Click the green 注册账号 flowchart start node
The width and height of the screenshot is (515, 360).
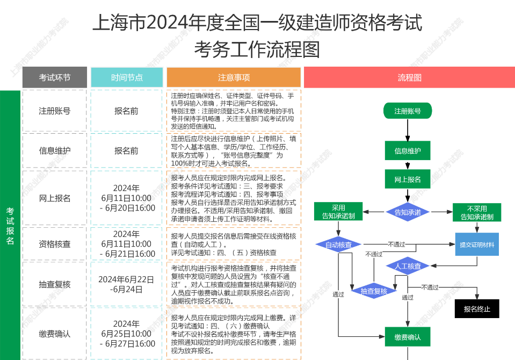(x=408, y=111)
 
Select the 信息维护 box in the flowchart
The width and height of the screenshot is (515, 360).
(x=408, y=151)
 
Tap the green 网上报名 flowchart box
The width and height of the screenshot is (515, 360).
(x=408, y=179)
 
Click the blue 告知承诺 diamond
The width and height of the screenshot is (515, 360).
(x=408, y=212)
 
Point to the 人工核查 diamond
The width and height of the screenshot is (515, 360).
(x=408, y=266)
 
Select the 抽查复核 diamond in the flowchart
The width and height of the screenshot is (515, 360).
(x=374, y=291)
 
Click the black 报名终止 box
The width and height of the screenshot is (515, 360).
(x=477, y=309)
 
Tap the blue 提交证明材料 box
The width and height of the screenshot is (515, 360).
(x=477, y=244)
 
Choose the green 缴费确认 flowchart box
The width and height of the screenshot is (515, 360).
(x=408, y=337)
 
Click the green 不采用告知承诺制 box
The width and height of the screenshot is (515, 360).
(x=477, y=212)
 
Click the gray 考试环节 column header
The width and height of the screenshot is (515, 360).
(x=54, y=77)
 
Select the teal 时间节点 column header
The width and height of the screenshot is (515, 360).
(x=127, y=77)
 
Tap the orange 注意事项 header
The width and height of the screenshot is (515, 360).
(x=234, y=77)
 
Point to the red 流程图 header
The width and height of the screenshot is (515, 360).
(x=409, y=77)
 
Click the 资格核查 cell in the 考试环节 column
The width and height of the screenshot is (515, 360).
(x=54, y=244)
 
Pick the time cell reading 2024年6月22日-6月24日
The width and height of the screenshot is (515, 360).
(x=127, y=284)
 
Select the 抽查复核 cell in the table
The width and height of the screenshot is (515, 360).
(x=54, y=284)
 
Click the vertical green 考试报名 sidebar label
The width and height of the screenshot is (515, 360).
(x=10, y=226)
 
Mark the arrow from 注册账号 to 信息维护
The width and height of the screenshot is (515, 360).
(x=408, y=131)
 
